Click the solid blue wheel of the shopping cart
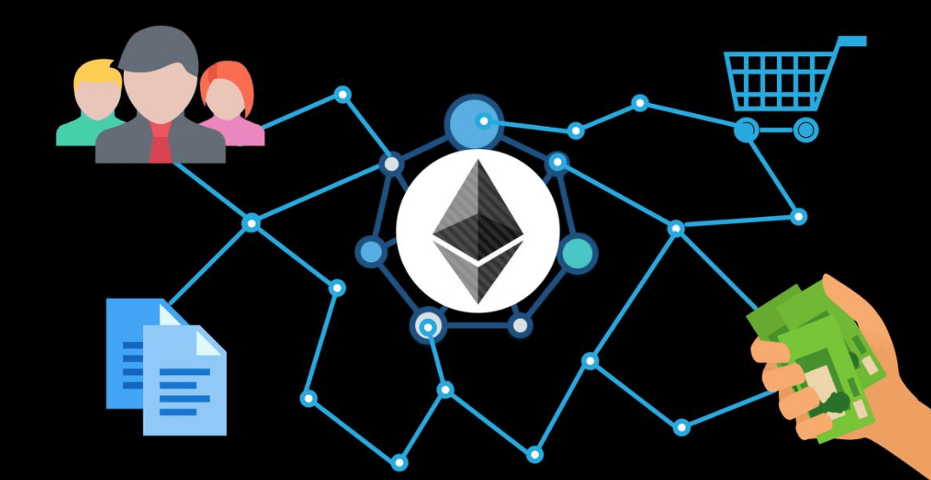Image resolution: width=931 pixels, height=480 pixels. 746,130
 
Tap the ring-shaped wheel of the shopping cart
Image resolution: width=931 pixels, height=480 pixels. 805,130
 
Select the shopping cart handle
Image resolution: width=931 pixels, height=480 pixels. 851,41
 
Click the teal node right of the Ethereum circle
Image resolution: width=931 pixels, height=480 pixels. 578,253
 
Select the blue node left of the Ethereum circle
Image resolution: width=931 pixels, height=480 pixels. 372,251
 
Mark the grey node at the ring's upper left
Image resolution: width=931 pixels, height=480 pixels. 391,163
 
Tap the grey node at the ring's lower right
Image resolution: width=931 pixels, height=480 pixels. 520,324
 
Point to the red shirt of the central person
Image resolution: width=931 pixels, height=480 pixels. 160,145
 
